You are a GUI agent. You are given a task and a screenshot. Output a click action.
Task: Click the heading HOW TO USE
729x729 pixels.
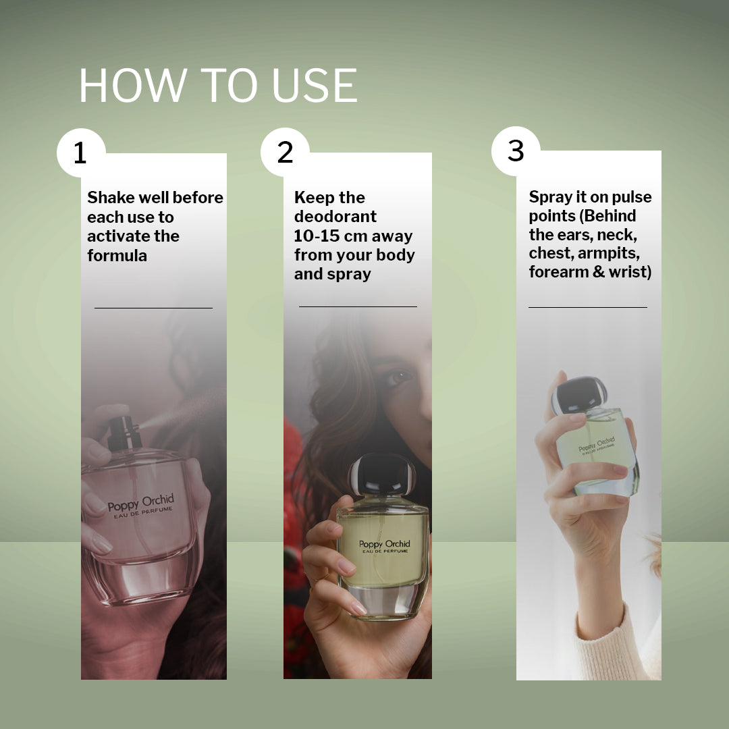click(218, 85)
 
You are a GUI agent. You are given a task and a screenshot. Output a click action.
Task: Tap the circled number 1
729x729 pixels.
click(81, 153)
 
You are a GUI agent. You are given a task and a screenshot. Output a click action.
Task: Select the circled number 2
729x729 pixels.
click(285, 152)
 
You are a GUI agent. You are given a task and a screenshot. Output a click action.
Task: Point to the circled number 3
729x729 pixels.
click(516, 151)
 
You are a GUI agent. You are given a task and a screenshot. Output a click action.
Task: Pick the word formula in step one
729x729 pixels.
click(117, 255)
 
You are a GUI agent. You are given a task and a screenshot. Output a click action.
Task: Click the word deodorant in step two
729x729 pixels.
click(335, 216)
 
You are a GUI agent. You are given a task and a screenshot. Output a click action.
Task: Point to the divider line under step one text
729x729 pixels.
click(153, 308)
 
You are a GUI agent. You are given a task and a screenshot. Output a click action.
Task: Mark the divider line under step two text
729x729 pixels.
click(358, 307)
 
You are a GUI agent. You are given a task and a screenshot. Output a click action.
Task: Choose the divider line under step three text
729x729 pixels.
click(588, 307)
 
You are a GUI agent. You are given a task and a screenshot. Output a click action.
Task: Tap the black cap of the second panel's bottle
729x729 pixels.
click(381, 475)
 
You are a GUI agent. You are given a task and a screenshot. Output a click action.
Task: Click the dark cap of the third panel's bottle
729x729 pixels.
click(579, 395)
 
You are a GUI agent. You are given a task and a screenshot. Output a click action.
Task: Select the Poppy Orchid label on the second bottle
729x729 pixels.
click(385, 546)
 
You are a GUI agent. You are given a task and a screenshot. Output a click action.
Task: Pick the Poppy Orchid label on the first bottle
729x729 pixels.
click(141, 506)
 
